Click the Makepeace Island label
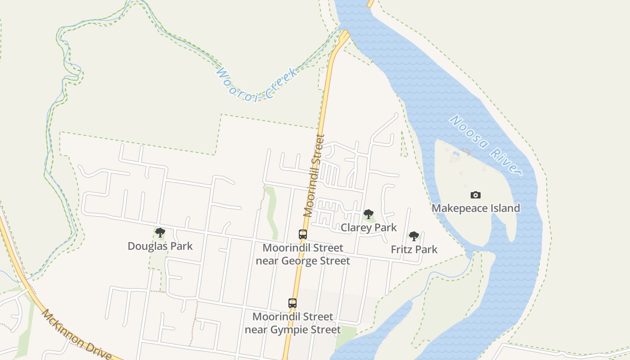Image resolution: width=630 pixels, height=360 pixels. pos(476,208)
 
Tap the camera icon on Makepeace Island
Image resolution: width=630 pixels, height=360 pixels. pos(476,195)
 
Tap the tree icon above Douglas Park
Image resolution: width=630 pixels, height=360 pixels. pos(160,233)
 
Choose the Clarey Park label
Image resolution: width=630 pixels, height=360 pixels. pos(369,227)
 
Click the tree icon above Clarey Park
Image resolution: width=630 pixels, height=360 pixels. pos(369,214)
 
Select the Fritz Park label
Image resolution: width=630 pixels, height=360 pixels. pos(414,249)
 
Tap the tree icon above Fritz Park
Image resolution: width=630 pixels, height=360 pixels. pos(414,236)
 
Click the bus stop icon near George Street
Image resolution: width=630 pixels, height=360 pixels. pos(303,234)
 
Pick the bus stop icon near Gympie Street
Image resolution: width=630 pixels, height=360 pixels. pos(292,303)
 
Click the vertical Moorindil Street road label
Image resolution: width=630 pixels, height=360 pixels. pos(314,175)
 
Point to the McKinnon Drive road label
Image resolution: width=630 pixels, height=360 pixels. pos(76,334)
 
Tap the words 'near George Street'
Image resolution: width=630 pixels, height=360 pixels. pos(303,261)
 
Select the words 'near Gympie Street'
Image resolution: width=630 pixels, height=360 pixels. pos(292,330)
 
